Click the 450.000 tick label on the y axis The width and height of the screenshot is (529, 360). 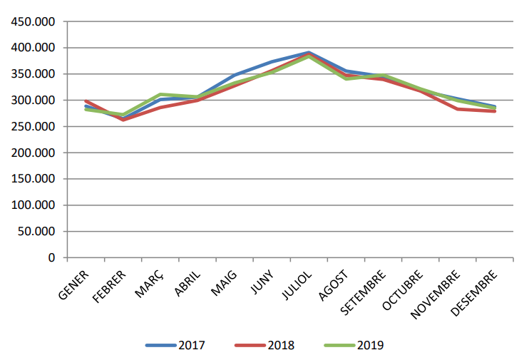pos(33,22)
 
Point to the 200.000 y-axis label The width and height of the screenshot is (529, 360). pos(33,153)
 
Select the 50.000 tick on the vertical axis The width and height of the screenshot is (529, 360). pos(36,232)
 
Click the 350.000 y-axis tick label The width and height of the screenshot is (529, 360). pos(33,74)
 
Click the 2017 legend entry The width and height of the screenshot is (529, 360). pos(175,346)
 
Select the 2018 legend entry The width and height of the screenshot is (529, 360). pos(264,346)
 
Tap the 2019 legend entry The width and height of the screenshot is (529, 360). pos(354,346)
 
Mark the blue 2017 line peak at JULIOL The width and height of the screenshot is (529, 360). pos(309,52)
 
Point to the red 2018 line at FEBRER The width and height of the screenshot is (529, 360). pos(123,120)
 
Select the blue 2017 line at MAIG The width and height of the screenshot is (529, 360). pos(235,75)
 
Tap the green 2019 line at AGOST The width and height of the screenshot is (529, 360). pos(346,78)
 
